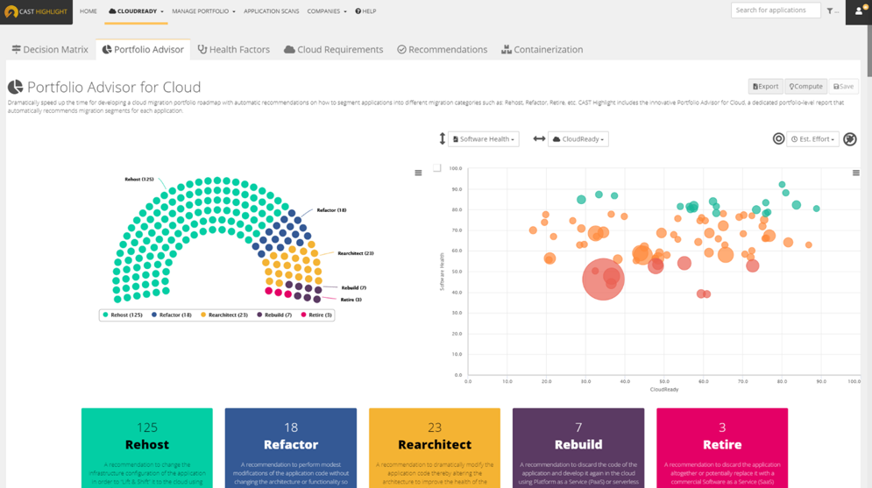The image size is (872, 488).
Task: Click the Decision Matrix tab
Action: [x=50, y=50]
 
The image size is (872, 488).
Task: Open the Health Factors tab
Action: [x=233, y=50]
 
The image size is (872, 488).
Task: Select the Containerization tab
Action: [x=542, y=50]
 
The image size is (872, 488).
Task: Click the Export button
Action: [x=765, y=87]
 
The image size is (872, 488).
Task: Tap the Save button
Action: [x=843, y=87]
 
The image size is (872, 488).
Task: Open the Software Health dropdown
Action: [x=484, y=139]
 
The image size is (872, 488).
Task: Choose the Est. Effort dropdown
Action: [x=812, y=139]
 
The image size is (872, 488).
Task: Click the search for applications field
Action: [x=775, y=11]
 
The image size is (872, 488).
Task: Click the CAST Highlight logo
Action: [x=36, y=11]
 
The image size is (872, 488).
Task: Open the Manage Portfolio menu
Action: [x=203, y=11]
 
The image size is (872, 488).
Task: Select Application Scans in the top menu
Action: [x=271, y=11]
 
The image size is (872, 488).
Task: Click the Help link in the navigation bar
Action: [x=365, y=11]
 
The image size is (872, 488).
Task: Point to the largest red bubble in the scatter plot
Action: [x=603, y=279]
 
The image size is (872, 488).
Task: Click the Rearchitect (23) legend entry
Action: [x=224, y=315]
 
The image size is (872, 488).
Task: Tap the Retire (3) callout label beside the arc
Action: [x=351, y=300]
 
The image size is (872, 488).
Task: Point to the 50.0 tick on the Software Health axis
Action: [x=456, y=272]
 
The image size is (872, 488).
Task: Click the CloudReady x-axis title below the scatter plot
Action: [x=663, y=389]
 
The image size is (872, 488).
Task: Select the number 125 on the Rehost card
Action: [x=147, y=428]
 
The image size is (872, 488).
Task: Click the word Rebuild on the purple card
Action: [x=578, y=444]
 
